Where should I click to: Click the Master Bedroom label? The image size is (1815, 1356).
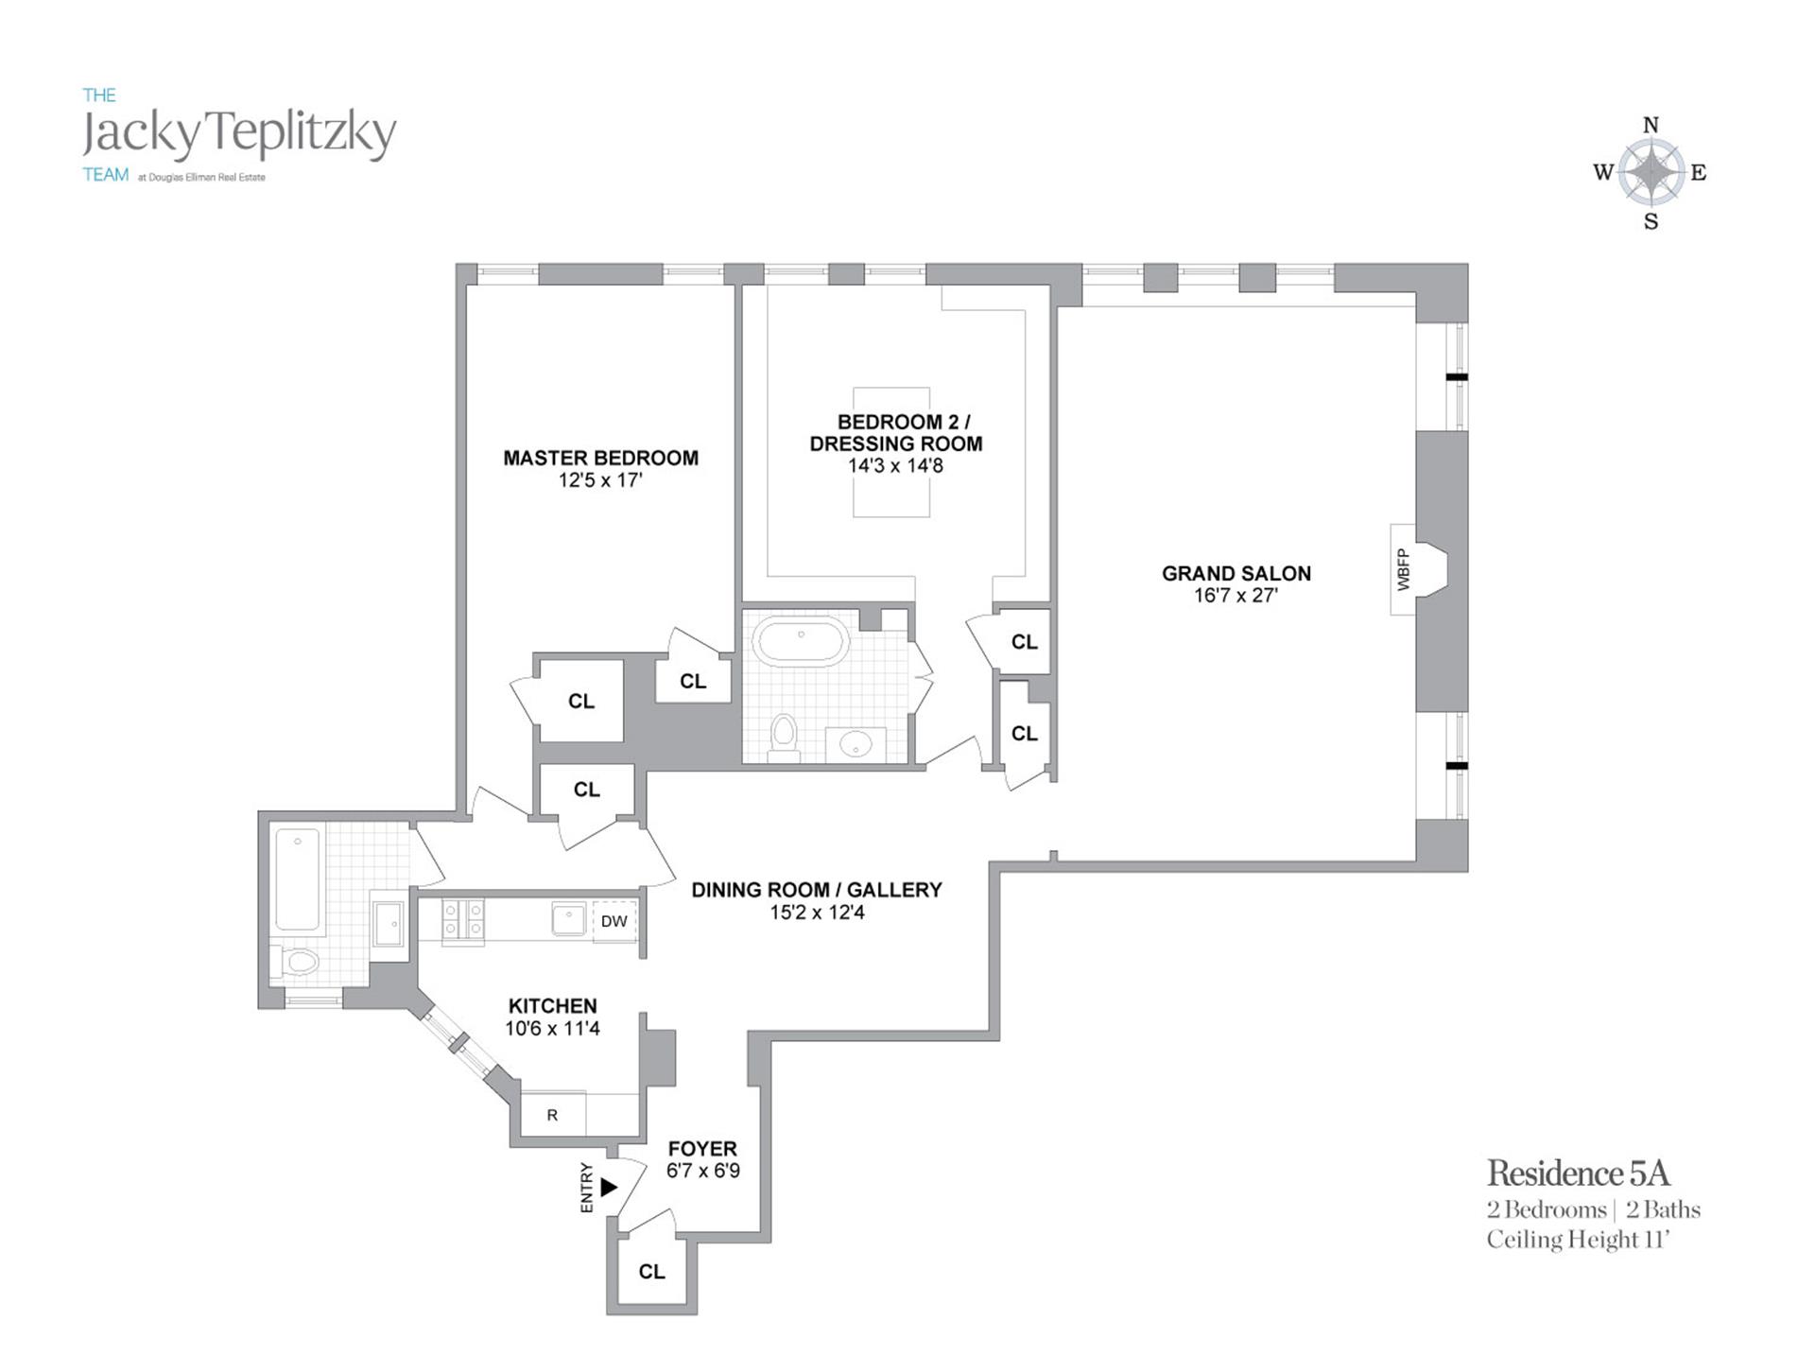point(600,459)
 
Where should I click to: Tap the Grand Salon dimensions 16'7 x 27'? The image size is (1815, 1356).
point(1236,596)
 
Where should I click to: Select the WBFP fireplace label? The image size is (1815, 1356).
point(1403,570)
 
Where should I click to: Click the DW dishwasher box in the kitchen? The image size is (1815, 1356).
point(614,921)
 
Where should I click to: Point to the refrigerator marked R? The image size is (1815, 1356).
point(552,1115)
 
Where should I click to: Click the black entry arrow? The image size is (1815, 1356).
point(609,1187)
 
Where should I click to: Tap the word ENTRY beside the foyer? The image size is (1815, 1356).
point(587,1188)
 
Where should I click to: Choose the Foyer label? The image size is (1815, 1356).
point(701,1149)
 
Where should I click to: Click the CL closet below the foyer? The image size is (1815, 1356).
point(651,1272)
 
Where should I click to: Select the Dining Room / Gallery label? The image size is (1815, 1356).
point(817,891)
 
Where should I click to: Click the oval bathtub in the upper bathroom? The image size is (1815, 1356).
point(800,643)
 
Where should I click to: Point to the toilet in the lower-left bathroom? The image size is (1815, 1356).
point(301,963)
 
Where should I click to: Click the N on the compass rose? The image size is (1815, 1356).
point(1651,125)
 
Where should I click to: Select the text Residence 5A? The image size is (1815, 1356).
point(1578,1173)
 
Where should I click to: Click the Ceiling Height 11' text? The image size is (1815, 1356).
point(1578,1240)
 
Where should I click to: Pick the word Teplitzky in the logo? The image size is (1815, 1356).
point(302,133)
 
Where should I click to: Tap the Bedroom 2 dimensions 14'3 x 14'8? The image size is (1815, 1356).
point(895,466)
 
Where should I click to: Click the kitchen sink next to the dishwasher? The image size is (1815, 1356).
point(569,917)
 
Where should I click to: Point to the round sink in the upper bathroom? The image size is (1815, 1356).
point(856,746)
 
